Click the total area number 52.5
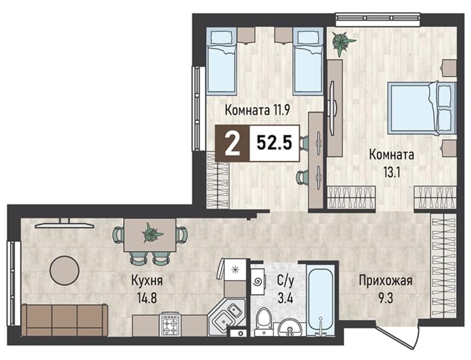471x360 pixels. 274,143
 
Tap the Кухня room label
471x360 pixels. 147,281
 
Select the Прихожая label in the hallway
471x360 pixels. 386,281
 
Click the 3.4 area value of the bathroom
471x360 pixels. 285,299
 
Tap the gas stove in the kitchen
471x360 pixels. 170,325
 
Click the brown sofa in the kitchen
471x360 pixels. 65,320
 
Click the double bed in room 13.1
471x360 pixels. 422,107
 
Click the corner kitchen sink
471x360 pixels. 226,316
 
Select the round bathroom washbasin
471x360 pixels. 290,328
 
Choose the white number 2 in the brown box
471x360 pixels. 232,144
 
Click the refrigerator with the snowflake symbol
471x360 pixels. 234,269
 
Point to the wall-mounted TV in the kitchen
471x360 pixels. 64,224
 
